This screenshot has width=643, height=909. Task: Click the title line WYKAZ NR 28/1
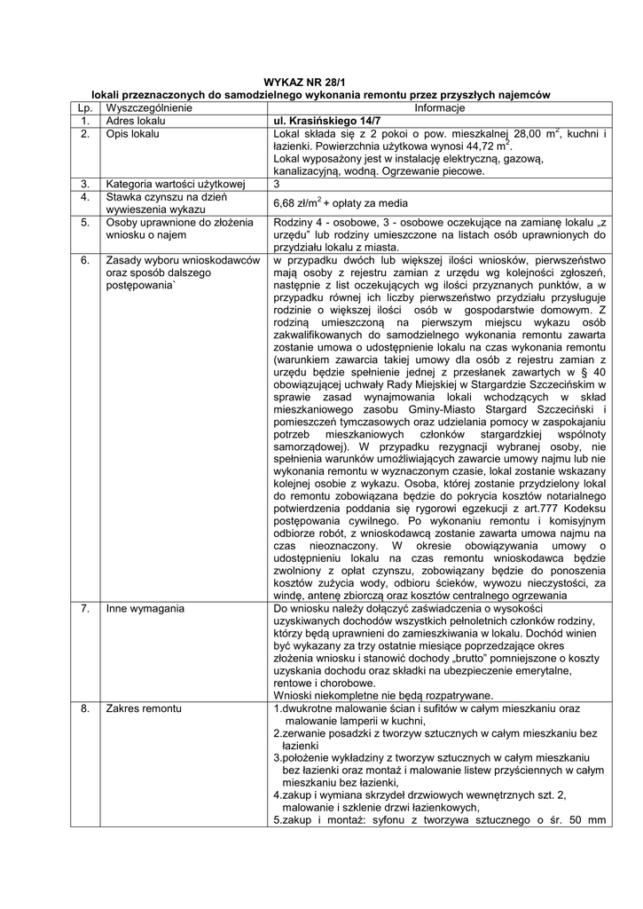[321, 82]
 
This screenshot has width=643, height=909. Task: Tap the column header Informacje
[439, 107]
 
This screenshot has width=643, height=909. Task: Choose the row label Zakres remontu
[143, 709]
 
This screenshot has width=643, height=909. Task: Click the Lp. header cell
[84, 107]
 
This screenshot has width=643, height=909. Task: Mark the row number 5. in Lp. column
[84, 222]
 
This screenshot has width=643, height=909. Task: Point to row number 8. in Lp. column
[84, 709]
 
